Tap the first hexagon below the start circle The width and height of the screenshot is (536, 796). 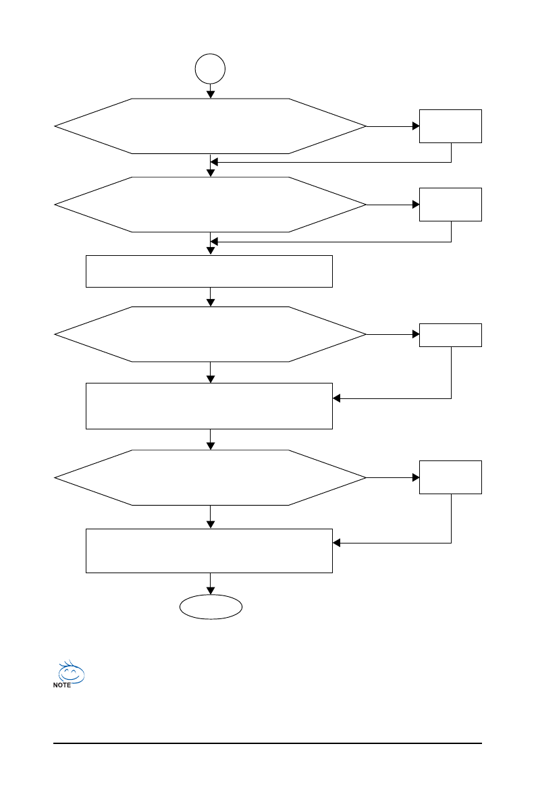(x=210, y=126)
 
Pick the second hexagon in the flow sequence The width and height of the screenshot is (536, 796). (x=210, y=204)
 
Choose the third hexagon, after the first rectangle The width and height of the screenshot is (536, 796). (x=210, y=334)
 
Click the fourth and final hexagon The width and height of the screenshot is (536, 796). (x=210, y=477)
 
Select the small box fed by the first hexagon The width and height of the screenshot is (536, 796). (x=450, y=126)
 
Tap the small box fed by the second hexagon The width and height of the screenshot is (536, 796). (x=450, y=204)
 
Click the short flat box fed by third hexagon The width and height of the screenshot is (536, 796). (x=450, y=335)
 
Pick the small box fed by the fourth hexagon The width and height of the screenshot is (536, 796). (x=450, y=477)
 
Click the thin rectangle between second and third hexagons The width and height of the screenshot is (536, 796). (x=209, y=271)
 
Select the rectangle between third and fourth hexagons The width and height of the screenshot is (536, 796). (x=209, y=406)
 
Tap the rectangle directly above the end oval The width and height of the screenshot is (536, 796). (x=209, y=551)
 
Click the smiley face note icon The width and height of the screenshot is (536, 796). (x=71, y=672)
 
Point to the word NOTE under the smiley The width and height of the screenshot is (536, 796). (x=61, y=685)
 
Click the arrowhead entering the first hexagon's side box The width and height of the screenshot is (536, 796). (x=414, y=126)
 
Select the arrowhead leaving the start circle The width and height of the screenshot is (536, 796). (x=211, y=95)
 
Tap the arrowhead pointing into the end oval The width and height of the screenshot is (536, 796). (x=211, y=591)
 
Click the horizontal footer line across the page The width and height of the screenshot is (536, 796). (x=267, y=744)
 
